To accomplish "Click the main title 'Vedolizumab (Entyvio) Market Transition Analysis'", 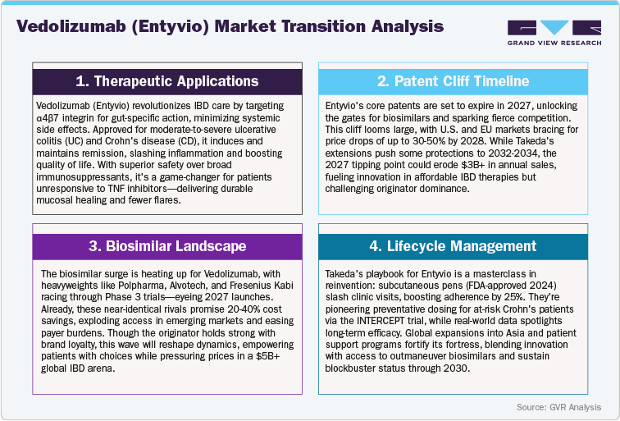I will point(230,26).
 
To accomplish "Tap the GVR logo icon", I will point(548,25).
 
